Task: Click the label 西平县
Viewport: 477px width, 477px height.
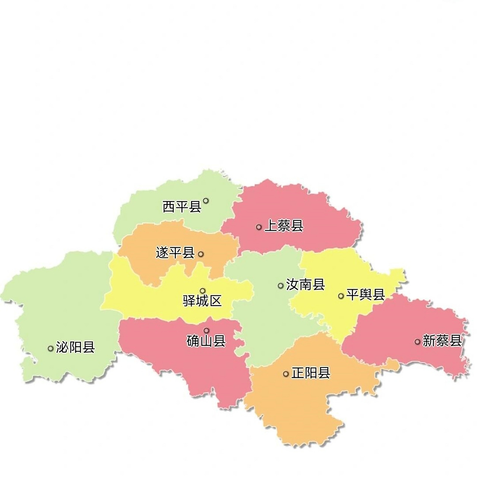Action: tap(182, 206)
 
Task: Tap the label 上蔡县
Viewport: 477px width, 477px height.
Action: tap(284, 226)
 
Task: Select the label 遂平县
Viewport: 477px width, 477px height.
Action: tap(175, 253)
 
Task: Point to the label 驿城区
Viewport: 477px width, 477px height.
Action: tap(202, 300)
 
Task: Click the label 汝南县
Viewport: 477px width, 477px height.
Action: tap(305, 285)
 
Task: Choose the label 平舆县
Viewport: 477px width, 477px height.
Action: tap(365, 295)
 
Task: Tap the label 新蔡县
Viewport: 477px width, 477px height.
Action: tap(442, 341)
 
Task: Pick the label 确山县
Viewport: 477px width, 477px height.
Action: tap(206, 341)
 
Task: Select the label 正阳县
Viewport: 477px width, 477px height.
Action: tap(310, 373)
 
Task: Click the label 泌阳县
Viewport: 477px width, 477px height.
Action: tap(75, 347)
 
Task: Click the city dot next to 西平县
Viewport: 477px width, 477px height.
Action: tap(206, 200)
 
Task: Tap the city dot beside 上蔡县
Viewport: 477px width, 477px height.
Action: tap(259, 227)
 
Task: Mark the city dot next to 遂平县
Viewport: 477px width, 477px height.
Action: tap(201, 254)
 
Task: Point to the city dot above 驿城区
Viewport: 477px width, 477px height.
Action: tap(203, 291)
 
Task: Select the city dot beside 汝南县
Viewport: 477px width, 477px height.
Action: tap(281, 286)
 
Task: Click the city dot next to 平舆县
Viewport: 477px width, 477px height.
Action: tap(341, 296)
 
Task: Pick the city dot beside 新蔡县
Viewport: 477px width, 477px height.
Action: tap(417, 341)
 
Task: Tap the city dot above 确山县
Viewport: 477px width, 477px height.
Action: tap(206, 330)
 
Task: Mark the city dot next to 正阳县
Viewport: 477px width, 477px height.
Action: tap(286, 374)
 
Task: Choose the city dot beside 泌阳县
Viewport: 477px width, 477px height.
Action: tap(50, 348)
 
